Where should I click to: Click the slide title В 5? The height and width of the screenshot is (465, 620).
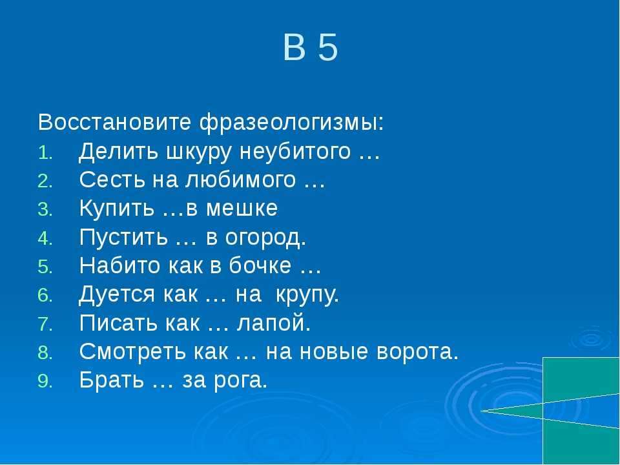(x=311, y=47)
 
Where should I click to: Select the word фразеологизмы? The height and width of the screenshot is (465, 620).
(x=291, y=123)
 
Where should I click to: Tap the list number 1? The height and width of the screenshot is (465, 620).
(x=45, y=153)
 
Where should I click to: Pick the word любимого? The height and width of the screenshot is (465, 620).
(x=240, y=180)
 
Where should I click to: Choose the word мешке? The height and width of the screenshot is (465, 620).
(x=242, y=209)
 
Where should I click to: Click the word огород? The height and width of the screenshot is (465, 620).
(x=265, y=238)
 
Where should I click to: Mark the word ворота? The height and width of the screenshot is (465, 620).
(x=417, y=352)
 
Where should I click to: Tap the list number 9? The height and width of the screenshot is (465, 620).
(x=45, y=381)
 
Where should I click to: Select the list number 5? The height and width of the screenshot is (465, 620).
(x=45, y=267)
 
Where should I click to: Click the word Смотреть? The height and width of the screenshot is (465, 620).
(x=132, y=352)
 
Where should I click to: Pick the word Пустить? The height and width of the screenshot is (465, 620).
(x=123, y=237)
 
